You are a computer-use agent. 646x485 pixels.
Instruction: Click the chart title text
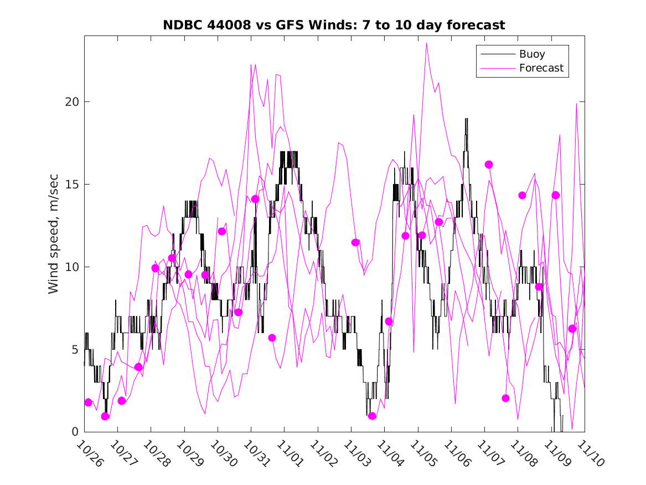[334, 25]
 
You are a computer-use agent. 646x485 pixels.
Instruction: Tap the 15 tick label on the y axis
[71, 185]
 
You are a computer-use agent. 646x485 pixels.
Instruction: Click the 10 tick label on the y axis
[71, 267]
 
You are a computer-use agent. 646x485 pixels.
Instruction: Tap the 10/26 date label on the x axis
[90, 454]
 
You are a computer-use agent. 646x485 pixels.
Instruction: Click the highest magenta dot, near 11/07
[489, 165]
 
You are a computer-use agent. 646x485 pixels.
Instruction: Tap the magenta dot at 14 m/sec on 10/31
[255, 199]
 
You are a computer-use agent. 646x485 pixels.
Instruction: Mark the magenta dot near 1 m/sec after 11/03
[372, 416]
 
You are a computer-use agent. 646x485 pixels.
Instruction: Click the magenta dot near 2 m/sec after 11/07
[505, 398]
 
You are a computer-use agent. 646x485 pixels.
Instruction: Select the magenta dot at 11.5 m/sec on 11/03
[355, 242]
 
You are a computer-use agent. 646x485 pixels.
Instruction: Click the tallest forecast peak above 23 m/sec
[426, 43]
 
